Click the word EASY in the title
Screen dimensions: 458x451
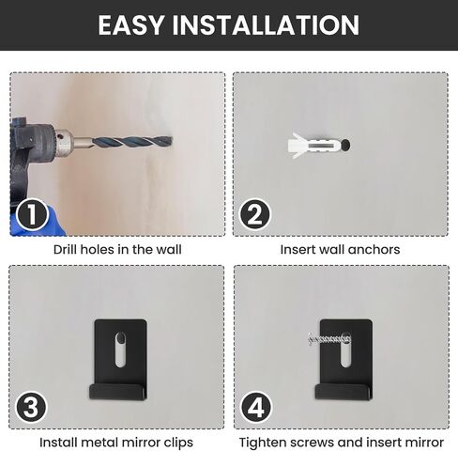click(x=131, y=25)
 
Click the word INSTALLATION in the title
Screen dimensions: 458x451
click(x=266, y=25)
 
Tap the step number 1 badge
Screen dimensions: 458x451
click(x=32, y=215)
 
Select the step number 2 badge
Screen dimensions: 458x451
click(x=255, y=215)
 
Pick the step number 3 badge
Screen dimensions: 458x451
click(x=31, y=408)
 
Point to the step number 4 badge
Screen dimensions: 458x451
click(x=256, y=408)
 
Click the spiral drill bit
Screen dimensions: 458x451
click(x=131, y=143)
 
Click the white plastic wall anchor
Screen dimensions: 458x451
click(x=313, y=146)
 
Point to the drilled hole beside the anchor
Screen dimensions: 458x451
click(x=345, y=145)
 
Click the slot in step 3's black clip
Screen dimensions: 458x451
click(x=120, y=350)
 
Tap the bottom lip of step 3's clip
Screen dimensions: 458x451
click(x=118, y=392)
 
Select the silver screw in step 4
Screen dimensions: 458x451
click(x=329, y=339)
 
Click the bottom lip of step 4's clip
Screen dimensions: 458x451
click(x=343, y=392)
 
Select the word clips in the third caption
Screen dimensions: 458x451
click(x=178, y=443)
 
